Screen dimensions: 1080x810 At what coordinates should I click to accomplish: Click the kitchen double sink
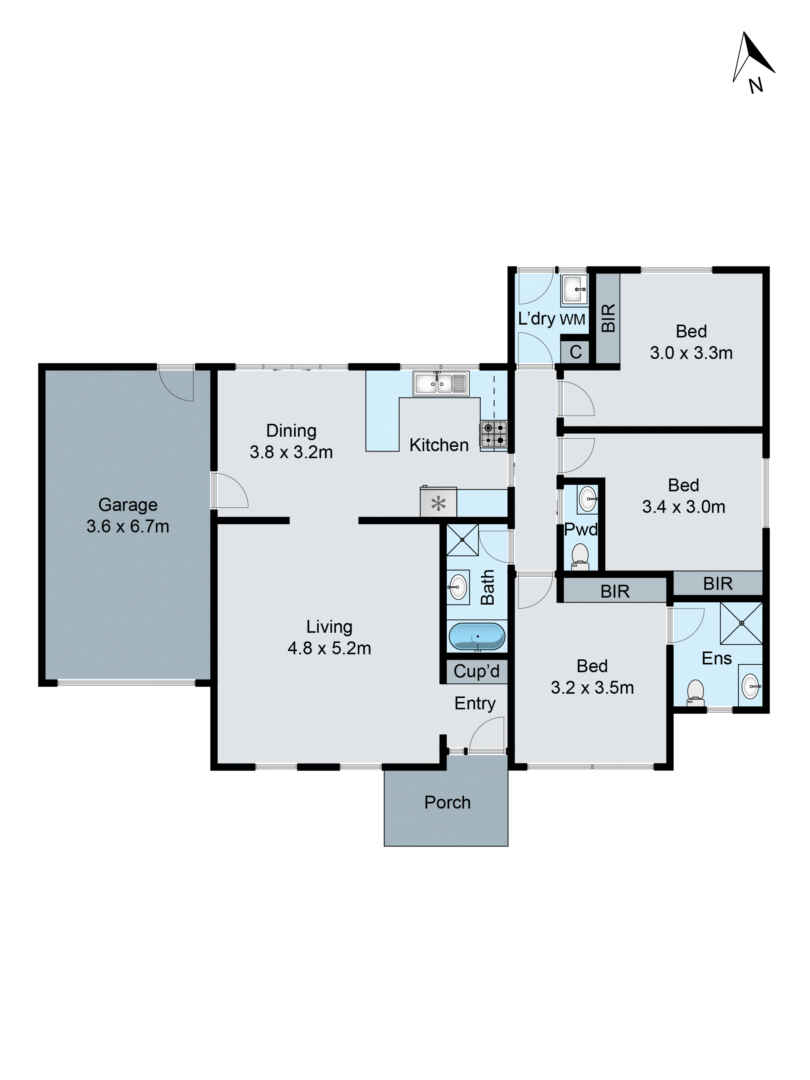click(x=440, y=383)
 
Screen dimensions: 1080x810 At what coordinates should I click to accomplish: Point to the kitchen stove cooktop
click(x=494, y=434)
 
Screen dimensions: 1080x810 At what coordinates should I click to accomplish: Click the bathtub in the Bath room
click(x=477, y=636)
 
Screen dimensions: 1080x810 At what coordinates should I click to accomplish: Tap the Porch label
click(x=447, y=802)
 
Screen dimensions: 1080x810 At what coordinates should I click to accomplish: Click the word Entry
click(x=475, y=703)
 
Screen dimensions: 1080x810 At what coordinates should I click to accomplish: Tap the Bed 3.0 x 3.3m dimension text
click(x=691, y=353)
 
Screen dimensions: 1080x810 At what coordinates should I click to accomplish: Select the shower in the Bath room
click(x=462, y=540)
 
